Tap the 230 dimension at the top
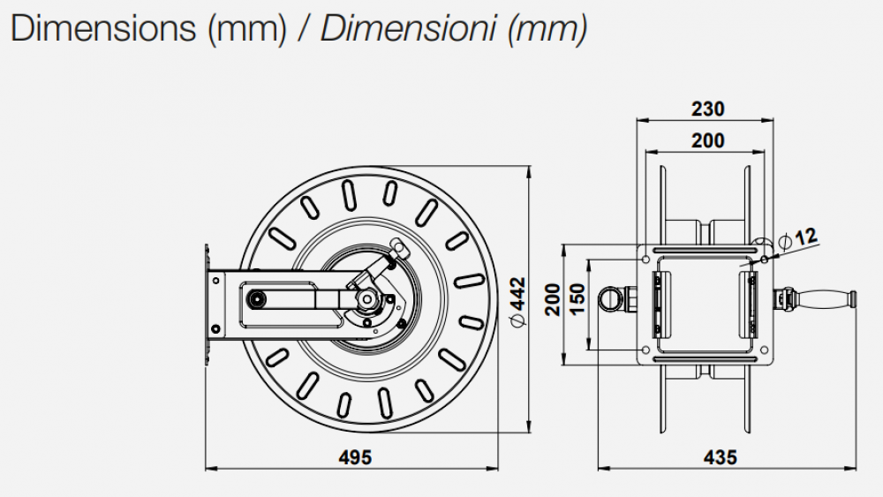tap(707, 109)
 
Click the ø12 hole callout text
tap(798, 237)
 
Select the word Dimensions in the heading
tap(103, 28)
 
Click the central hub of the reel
tap(366, 300)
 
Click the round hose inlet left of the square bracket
tap(610, 297)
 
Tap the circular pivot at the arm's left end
tap(256, 298)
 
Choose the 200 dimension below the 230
tap(707, 140)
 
